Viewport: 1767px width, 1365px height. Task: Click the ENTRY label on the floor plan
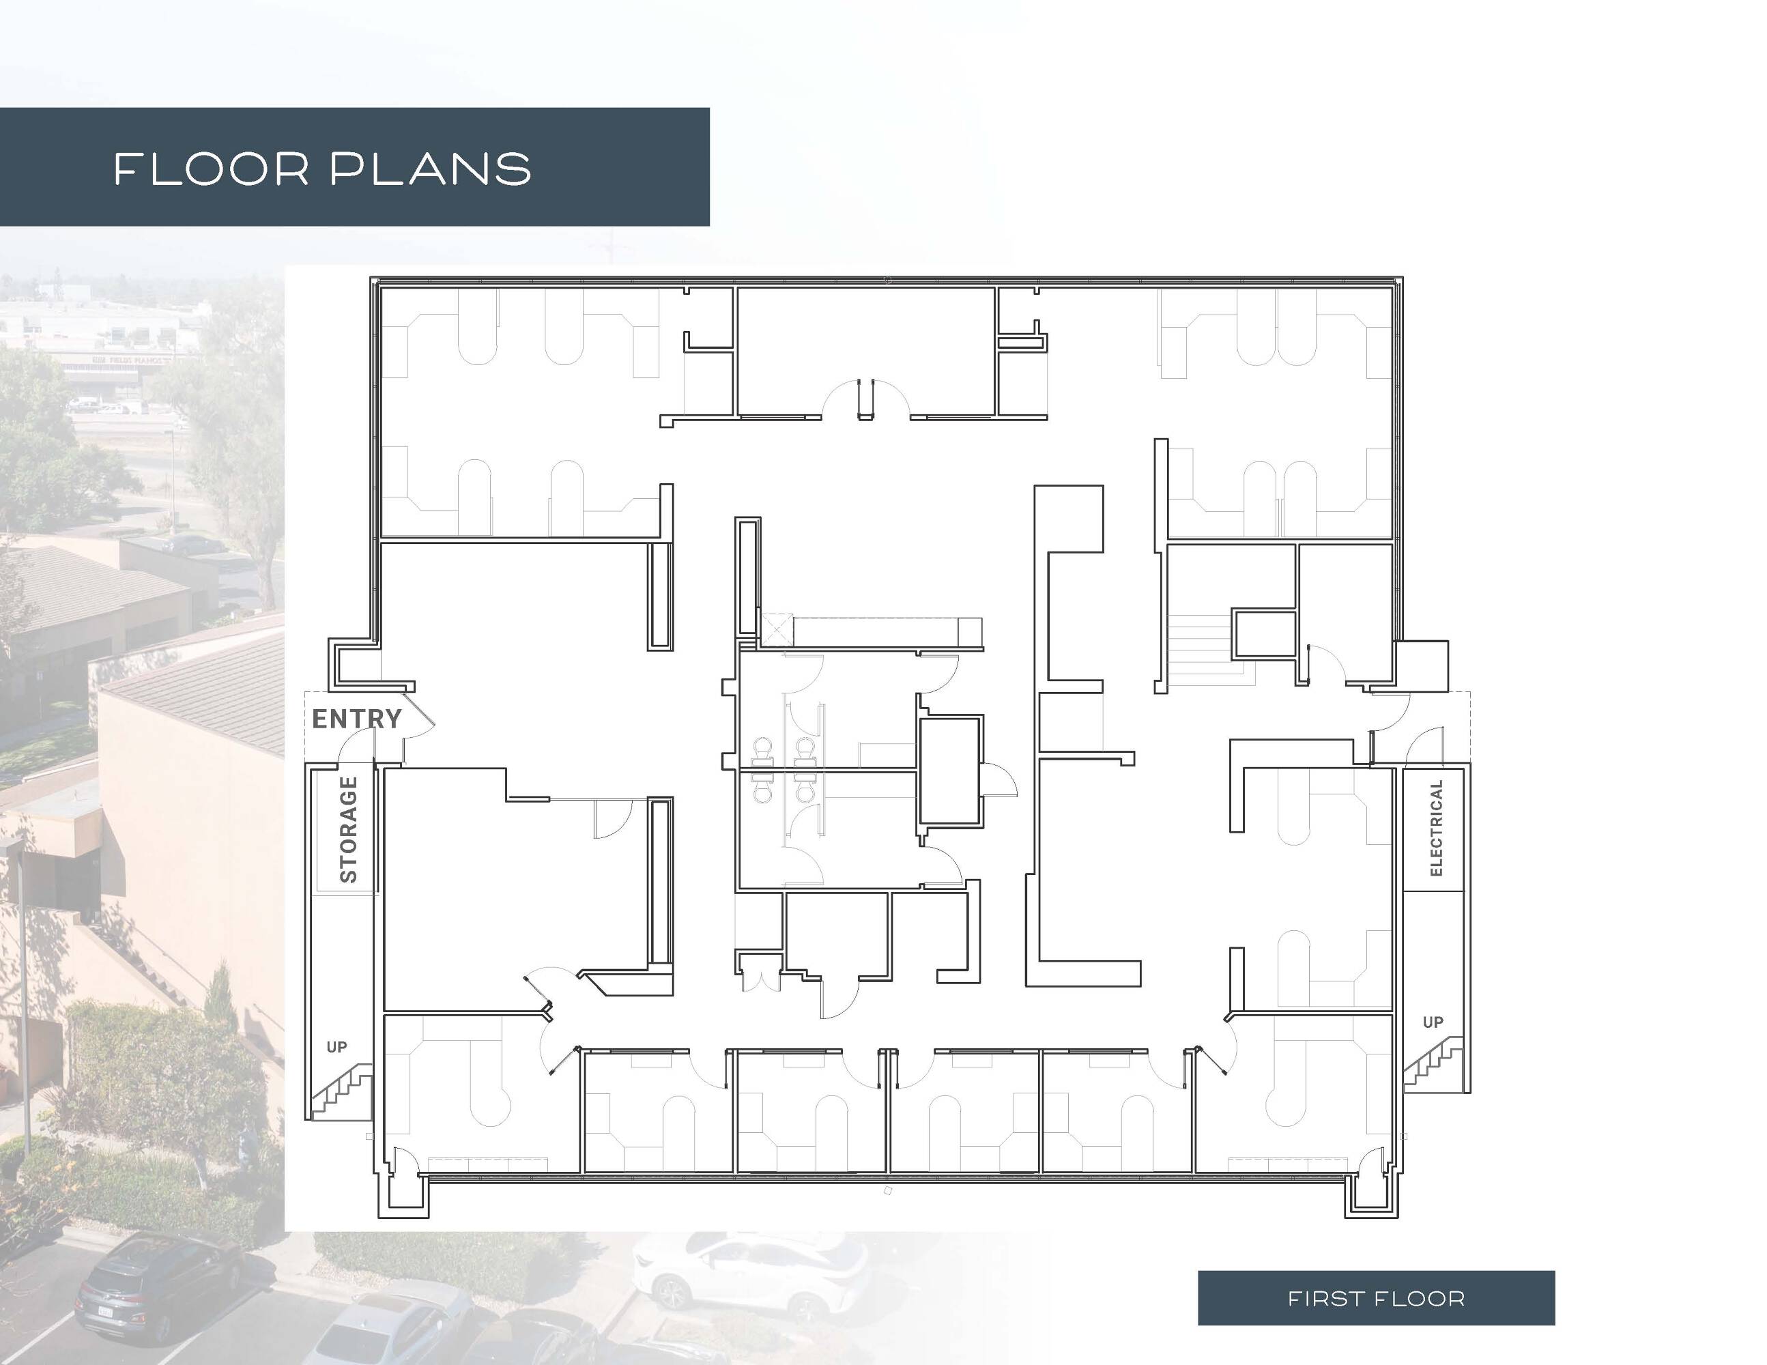coord(357,719)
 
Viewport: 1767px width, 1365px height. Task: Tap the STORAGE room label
coord(349,829)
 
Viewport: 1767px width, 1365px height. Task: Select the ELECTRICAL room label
coord(1436,828)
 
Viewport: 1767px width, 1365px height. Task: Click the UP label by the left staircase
coord(336,1047)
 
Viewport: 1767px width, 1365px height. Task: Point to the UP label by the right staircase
coord(1433,1022)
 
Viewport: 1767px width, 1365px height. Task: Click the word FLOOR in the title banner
coord(212,169)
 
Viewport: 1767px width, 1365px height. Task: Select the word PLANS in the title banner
coord(431,169)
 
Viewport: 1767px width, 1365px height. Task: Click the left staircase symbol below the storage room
coord(341,1091)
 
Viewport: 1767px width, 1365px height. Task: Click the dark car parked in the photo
coord(158,1287)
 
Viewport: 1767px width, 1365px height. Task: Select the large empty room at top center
coord(865,351)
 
